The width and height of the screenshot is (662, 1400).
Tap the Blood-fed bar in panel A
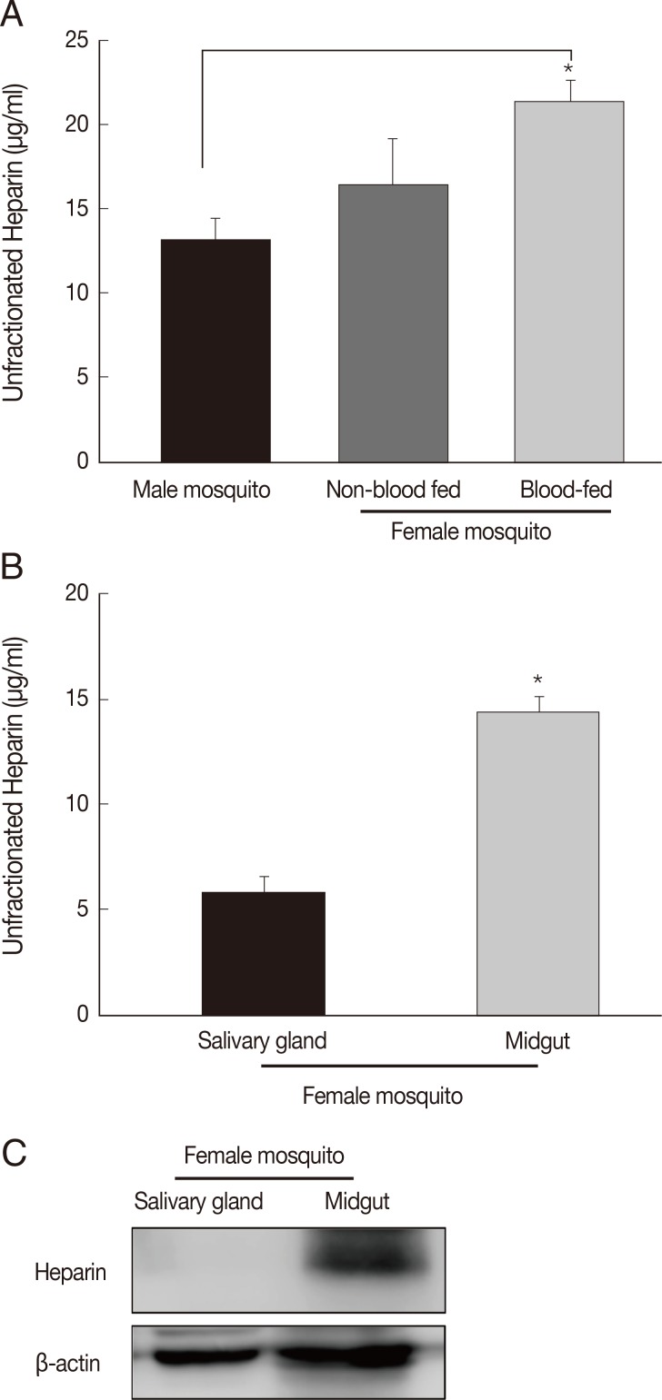pos(569,282)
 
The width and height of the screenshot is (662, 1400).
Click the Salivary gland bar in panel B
pos(263,953)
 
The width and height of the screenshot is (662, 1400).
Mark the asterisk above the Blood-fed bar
pos(568,69)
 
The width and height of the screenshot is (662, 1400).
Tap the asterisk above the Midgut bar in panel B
pos(537,680)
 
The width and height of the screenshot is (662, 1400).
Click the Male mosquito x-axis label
pos(201,491)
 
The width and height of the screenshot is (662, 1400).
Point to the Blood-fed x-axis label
pos(567,491)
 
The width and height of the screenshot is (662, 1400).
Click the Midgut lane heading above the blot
pos(356,1202)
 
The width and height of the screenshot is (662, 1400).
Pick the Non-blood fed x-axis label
pos(393,491)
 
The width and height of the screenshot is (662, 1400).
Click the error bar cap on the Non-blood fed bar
pos(393,139)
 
